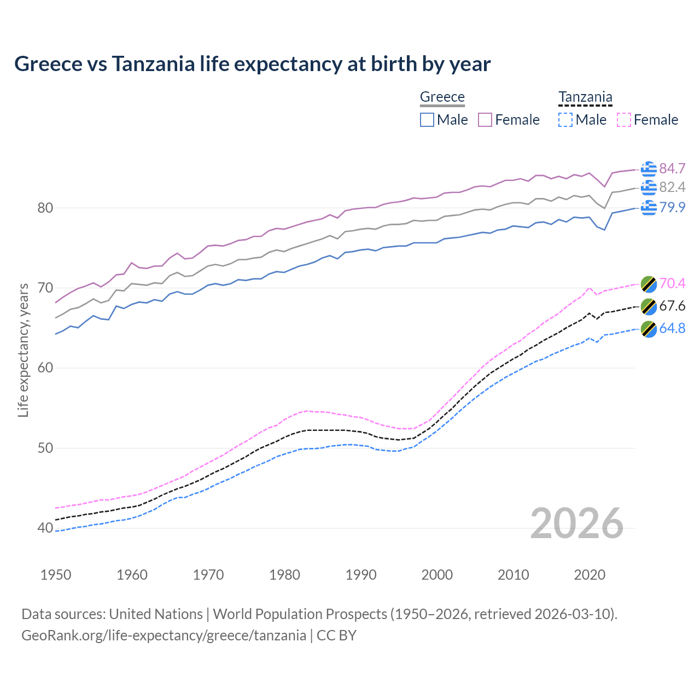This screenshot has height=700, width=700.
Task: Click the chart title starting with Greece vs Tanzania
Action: point(252,64)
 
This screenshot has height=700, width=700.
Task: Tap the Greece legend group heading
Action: point(442,97)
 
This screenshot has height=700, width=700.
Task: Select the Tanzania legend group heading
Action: point(585,97)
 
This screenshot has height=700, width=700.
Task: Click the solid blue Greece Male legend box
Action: point(427,120)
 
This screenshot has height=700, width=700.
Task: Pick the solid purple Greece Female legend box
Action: point(485,120)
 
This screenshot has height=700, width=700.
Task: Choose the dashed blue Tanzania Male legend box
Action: point(565,120)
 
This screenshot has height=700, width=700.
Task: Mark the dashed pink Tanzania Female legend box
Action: point(624,120)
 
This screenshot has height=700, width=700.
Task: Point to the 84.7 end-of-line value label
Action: point(672,168)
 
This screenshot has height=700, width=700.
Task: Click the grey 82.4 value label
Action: point(672,188)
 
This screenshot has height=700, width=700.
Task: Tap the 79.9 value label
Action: point(672,207)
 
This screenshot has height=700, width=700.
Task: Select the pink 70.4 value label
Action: point(672,283)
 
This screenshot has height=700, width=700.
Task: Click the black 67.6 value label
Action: point(672,306)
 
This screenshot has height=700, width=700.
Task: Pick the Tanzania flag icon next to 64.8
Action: point(649,329)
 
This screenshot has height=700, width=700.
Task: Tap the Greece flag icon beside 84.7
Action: point(649,170)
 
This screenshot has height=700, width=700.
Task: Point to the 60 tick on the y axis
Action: point(45,367)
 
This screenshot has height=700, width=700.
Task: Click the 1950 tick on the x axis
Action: point(56,575)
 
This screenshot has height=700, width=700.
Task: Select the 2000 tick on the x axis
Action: point(437,575)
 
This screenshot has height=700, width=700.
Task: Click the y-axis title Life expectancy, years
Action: point(23,350)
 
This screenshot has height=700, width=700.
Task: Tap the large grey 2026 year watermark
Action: point(576,523)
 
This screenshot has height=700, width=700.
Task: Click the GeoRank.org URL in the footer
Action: point(164,635)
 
